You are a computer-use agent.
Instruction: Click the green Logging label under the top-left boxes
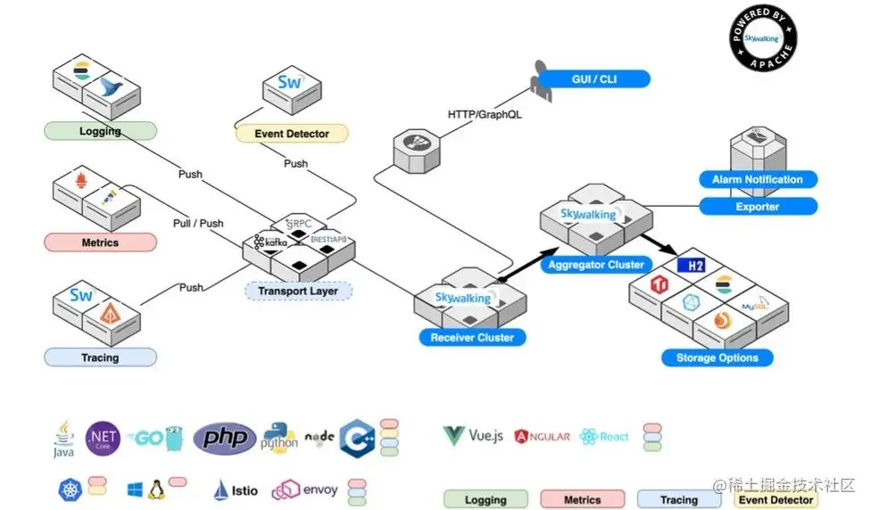tap(100, 131)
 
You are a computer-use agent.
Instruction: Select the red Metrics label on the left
tap(100, 242)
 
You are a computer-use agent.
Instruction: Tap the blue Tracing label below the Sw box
tap(100, 358)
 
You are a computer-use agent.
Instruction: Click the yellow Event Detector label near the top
tap(292, 134)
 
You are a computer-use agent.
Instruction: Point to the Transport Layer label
tap(299, 291)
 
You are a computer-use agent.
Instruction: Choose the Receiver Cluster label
tap(472, 337)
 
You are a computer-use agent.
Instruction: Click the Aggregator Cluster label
tap(596, 265)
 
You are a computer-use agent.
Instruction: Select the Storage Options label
tap(717, 358)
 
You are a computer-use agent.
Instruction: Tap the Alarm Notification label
tap(757, 179)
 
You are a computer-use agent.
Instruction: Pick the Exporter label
tap(757, 207)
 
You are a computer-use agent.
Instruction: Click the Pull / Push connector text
tap(198, 223)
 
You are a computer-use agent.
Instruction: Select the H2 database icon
tap(692, 266)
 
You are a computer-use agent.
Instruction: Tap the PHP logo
tap(225, 437)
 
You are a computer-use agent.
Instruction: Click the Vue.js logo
tap(474, 436)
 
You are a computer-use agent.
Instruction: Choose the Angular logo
tap(542, 436)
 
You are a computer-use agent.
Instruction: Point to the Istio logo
tap(237, 489)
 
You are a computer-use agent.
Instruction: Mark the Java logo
tap(63, 440)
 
